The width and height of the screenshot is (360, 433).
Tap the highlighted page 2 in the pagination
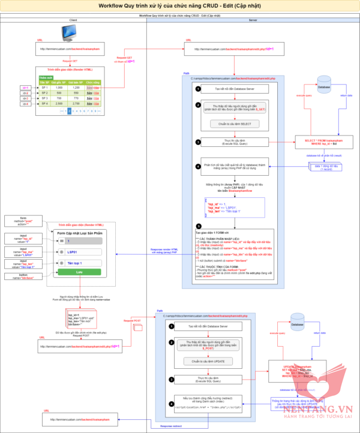pyautogui.click(x=70, y=111)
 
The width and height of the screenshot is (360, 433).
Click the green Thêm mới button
pyautogui.click(x=45, y=77)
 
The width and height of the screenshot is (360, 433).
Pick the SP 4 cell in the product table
pyautogui.click(x=44, y=104)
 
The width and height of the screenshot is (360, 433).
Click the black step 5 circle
pyautogui.click(x=198, y=227)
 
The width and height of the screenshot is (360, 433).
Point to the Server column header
pyautogui.click(x=253, y=20)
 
